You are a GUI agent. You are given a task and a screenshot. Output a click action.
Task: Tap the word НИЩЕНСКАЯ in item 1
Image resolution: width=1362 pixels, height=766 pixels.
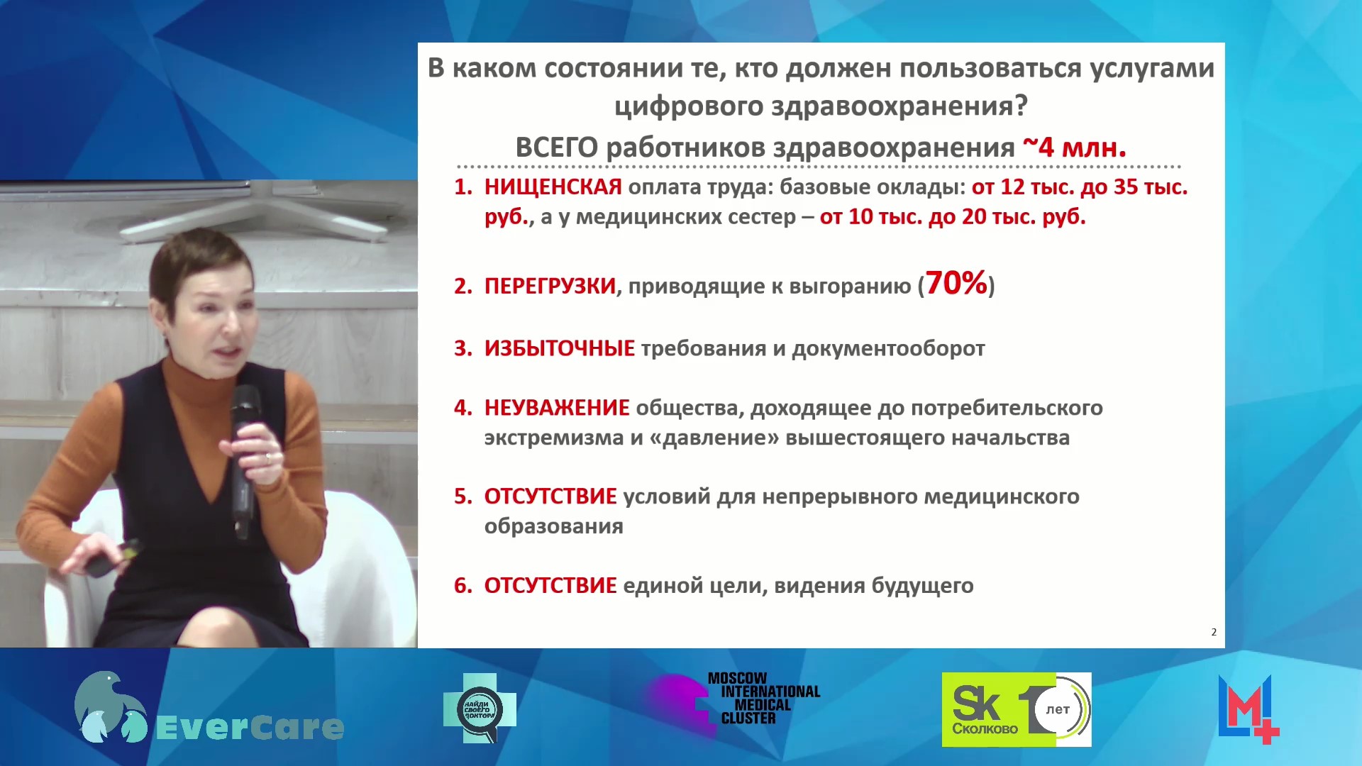click(x=553, y=187)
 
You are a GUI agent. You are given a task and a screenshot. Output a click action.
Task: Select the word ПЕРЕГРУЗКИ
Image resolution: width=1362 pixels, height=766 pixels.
click(x=550, y=286)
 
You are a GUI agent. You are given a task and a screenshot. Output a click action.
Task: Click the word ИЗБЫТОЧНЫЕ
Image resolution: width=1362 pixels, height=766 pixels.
click(x=559, y=348)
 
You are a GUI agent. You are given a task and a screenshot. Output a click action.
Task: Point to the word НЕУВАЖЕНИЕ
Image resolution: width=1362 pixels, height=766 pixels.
click(x=557, y=408)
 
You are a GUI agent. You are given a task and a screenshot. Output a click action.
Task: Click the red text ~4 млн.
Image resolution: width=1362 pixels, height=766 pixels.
click(x=1074, y=147)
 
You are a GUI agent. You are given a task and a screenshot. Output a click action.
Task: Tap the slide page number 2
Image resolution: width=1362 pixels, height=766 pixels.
click(x=1214, y=632)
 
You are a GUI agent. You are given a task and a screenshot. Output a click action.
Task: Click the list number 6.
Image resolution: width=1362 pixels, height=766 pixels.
click(x=463, y=586)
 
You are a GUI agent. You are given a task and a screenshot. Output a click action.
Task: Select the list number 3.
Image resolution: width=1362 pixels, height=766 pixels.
click(x=463, y=348)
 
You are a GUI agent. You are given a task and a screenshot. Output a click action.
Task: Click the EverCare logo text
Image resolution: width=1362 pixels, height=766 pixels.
click(x=249, y=728)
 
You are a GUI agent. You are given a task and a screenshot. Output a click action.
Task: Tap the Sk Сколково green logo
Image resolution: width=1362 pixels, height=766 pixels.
click(x=1016, y=709)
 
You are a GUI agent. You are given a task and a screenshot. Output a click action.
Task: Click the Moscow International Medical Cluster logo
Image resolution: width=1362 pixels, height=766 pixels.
click(x=733, y=700)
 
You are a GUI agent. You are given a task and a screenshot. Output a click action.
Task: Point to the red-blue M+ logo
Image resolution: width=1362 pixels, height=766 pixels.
click(x=1248, y=709)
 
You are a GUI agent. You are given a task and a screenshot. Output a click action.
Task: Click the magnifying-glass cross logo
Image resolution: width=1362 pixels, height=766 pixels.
click(x=480, y=708)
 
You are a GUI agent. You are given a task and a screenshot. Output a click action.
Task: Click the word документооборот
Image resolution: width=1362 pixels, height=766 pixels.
click(x=888, y=348)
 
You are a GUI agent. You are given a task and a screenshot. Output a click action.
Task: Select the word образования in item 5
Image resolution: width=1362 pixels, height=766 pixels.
click(x=553, y=526)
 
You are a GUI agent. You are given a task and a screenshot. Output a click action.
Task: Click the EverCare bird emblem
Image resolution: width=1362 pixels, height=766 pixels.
click(x=110, y=707)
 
